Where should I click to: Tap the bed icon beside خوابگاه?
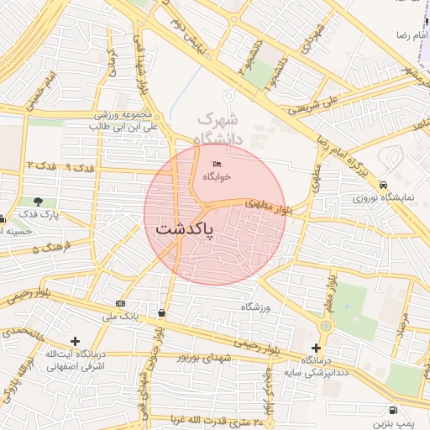tap(218, 164)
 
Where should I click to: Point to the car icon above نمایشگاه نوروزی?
tap(383, 186)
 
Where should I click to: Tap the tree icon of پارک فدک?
tap(39, 202)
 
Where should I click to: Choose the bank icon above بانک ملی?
tap(121, 303)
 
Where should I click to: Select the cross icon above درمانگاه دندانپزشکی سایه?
tap(316, 348)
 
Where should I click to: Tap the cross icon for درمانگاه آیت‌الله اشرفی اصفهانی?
tap(76, 342)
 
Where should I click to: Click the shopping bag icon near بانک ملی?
tap(160, 313)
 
